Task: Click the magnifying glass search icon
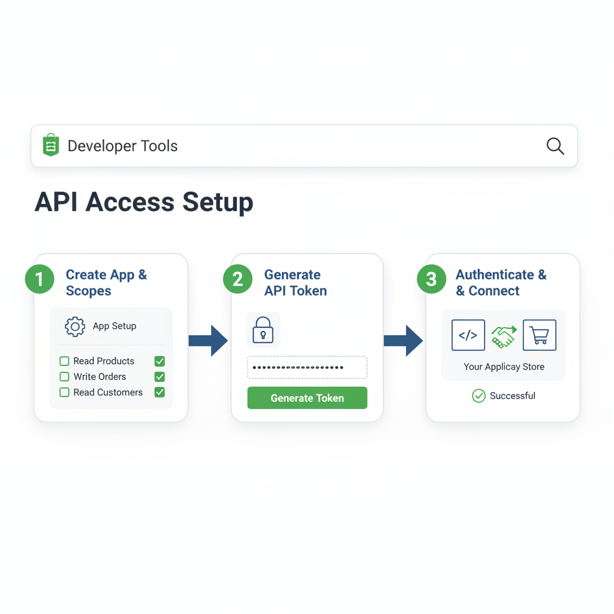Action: click(555, 146)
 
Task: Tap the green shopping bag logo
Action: click(51, 145)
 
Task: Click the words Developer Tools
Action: click(122, 146)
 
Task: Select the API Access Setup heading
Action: click(144, 202)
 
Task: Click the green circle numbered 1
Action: click(40, 279)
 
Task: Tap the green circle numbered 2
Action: click(237, 279)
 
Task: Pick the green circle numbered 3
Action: click(431, 279)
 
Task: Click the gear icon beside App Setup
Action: click(75, 326)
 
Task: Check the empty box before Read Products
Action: click(64, 361)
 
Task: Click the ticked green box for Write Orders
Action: click(159, 377)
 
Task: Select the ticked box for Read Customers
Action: click(159, 392)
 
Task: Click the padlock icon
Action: click(263, 330)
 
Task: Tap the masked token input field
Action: click(307, 367)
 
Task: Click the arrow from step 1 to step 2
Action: click(208, 341)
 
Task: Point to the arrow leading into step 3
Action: click(403, 341)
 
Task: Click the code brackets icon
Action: click(468, 335)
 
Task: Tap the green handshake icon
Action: click(504, 336)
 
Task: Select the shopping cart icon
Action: click(539, 335)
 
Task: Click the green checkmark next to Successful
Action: click(478, 396)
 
